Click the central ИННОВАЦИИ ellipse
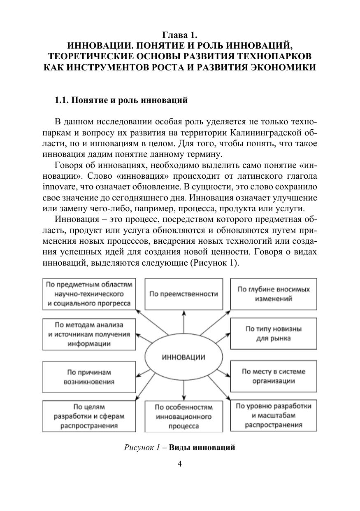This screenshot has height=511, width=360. point(183,357)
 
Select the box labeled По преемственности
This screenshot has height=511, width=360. point(183,294)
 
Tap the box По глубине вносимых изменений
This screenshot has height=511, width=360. point(274,294)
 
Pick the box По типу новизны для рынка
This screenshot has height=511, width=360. point(274,334)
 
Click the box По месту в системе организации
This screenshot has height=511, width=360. point(274,376)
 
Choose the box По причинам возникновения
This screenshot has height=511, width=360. point(88,377)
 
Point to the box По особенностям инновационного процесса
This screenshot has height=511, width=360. point(183,417)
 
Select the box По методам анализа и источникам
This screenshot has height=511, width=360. point(88,334)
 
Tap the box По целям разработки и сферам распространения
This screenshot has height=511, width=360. point(88,416)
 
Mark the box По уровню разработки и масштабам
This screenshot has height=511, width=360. point(274,415)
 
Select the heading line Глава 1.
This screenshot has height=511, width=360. point(180,35)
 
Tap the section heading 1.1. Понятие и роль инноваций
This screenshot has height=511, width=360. point(121,100)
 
